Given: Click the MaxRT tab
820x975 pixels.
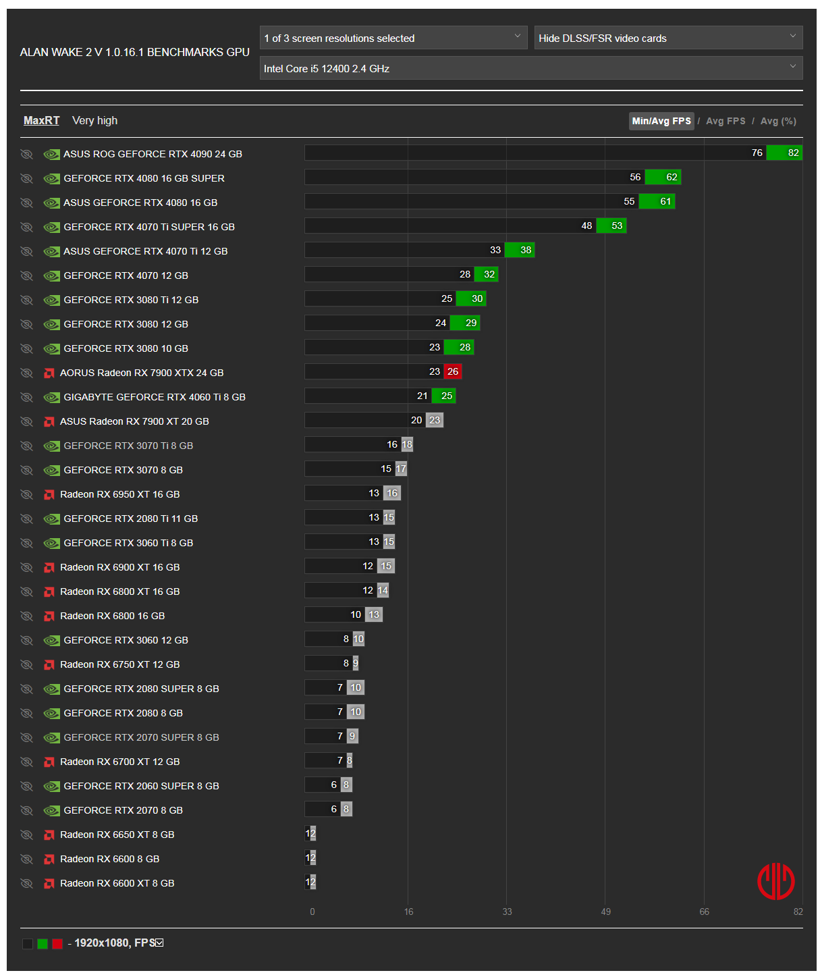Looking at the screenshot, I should tap(41, 120).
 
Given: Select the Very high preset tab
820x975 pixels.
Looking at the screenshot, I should tap(94, 120).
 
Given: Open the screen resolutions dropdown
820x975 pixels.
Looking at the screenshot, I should tap(393, 38).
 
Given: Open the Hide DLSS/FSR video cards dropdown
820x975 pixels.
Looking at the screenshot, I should tap(667, 38).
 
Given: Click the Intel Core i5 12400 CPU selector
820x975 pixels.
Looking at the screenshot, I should tap(530, 68).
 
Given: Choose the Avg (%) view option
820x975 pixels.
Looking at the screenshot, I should tap(778, 121).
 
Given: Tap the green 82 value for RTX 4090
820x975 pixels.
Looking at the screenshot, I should tap(793, 153).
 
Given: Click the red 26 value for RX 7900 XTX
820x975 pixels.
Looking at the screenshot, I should tap(453, 371).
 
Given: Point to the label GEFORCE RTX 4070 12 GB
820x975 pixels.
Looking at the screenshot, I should tap(126, 275).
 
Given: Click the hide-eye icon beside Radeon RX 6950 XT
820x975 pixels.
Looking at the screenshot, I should tap(26, 494).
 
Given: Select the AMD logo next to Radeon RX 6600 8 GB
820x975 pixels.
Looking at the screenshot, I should tap(49, 859).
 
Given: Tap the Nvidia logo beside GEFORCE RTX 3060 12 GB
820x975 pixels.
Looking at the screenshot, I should tap(51, 640).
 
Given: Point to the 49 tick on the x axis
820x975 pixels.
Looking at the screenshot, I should tap(605, 912).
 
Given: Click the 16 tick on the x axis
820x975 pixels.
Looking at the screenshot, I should tap(408, 912).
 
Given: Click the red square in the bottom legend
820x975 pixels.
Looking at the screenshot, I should tap(57, 943).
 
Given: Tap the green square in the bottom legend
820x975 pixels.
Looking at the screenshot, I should tap(43, 943).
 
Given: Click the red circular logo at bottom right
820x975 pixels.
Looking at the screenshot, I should tap(775, 881).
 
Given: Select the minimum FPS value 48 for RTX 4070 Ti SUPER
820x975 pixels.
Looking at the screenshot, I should tap(586, 226).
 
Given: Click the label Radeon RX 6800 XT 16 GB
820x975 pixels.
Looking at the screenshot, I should tap(119, 591).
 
